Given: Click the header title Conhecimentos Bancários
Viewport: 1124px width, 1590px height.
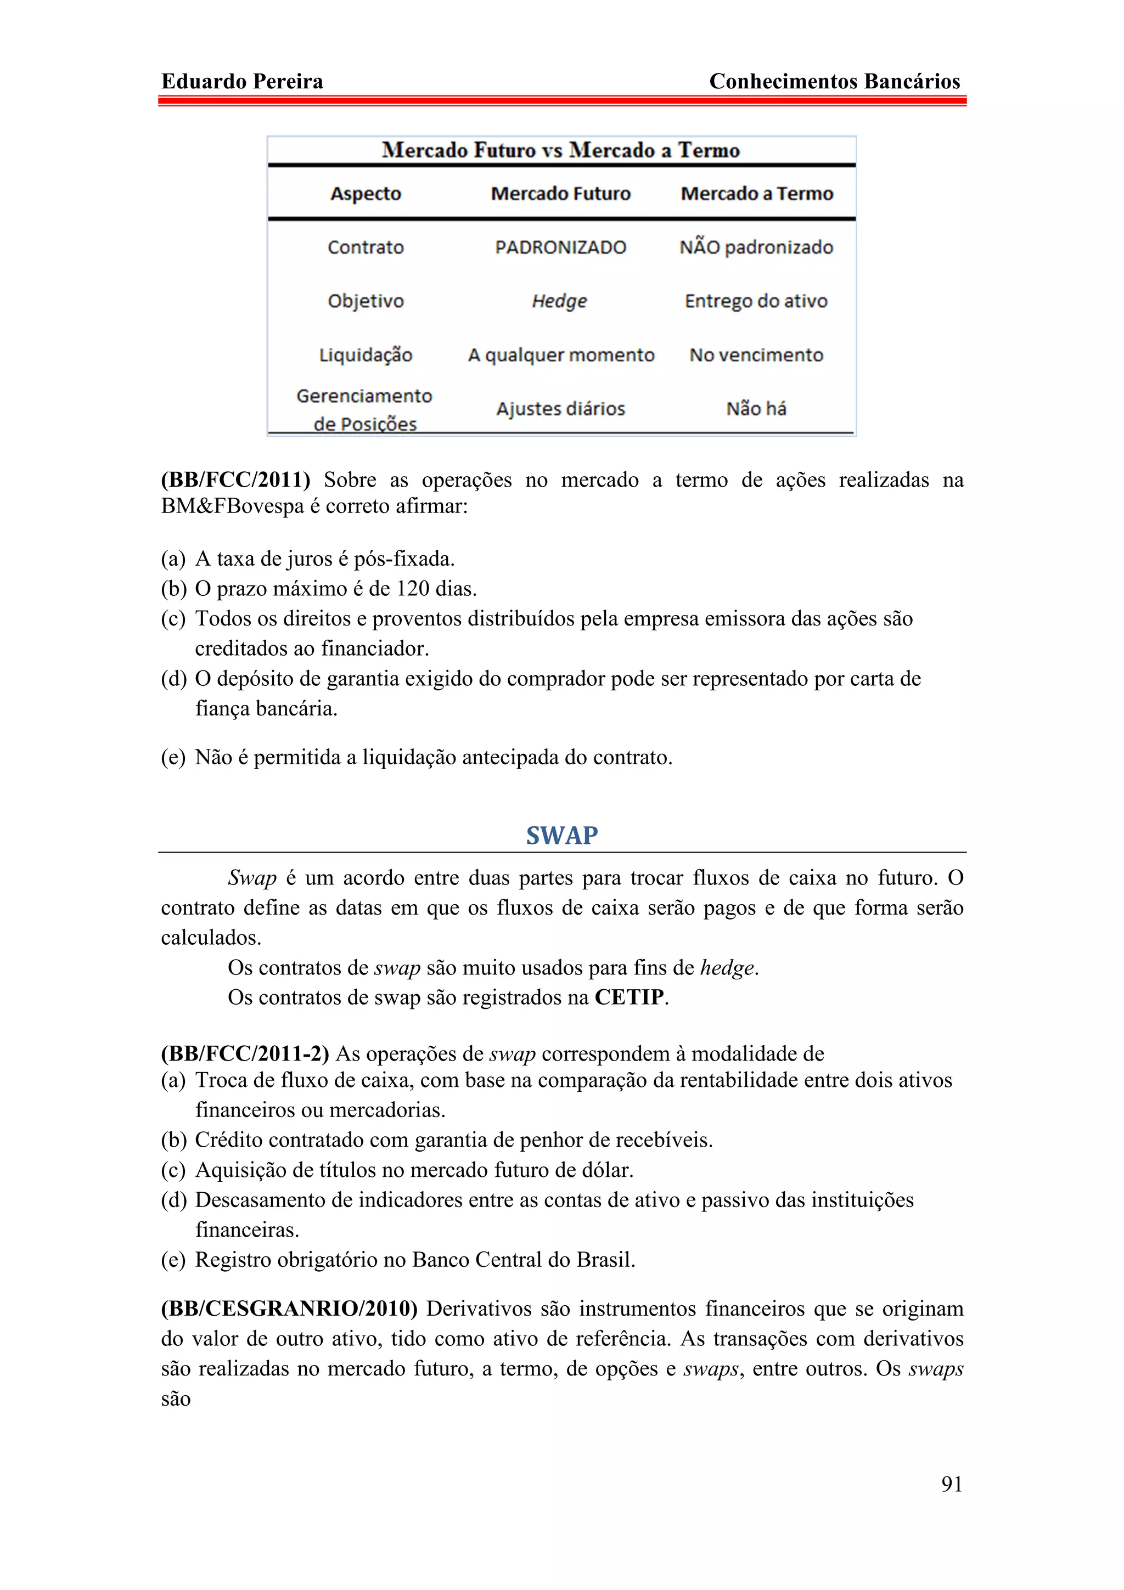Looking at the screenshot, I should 835,82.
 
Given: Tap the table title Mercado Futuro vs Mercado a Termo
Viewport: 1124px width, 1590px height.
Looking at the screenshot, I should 561,150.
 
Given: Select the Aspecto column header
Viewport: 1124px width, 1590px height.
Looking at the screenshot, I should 366,193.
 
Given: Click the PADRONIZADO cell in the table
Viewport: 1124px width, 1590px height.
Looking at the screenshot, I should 560,247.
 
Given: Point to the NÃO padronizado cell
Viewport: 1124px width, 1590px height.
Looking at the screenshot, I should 756,247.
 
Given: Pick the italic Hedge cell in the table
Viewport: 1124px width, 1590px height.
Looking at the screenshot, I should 560,301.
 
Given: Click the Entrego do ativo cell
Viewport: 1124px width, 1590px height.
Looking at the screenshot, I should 756,301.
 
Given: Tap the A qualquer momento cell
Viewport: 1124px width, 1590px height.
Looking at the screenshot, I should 561,356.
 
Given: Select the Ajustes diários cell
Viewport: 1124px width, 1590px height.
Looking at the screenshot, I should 560,409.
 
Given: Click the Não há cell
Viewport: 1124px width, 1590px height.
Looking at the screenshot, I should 756,409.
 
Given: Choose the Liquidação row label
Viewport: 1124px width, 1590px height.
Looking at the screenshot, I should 366,356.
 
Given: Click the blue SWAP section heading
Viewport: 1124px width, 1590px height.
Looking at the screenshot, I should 561,835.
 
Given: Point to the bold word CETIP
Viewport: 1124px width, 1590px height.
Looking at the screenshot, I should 629,997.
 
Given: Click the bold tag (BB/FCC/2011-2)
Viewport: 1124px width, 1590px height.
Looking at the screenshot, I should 244,1054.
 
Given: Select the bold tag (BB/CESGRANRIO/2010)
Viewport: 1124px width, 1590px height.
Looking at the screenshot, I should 289,1309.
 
